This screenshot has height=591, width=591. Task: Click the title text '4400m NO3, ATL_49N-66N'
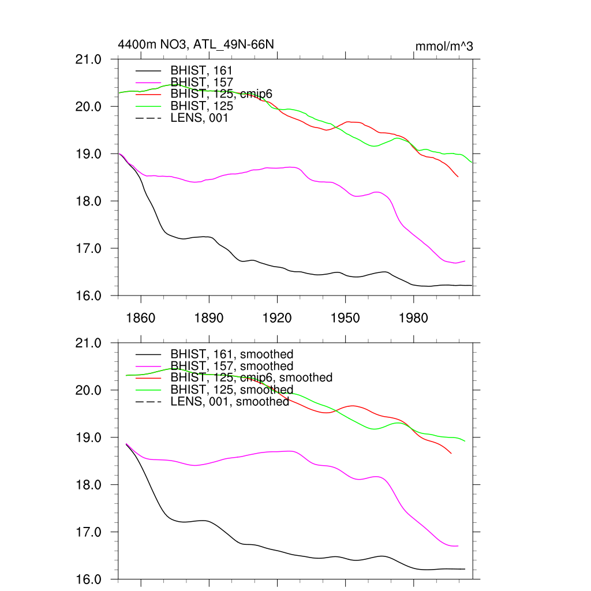tap(196, 44)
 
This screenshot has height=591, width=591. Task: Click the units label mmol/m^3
tap(444, 46)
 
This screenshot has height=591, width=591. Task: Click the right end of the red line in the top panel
tap(458, 177)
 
